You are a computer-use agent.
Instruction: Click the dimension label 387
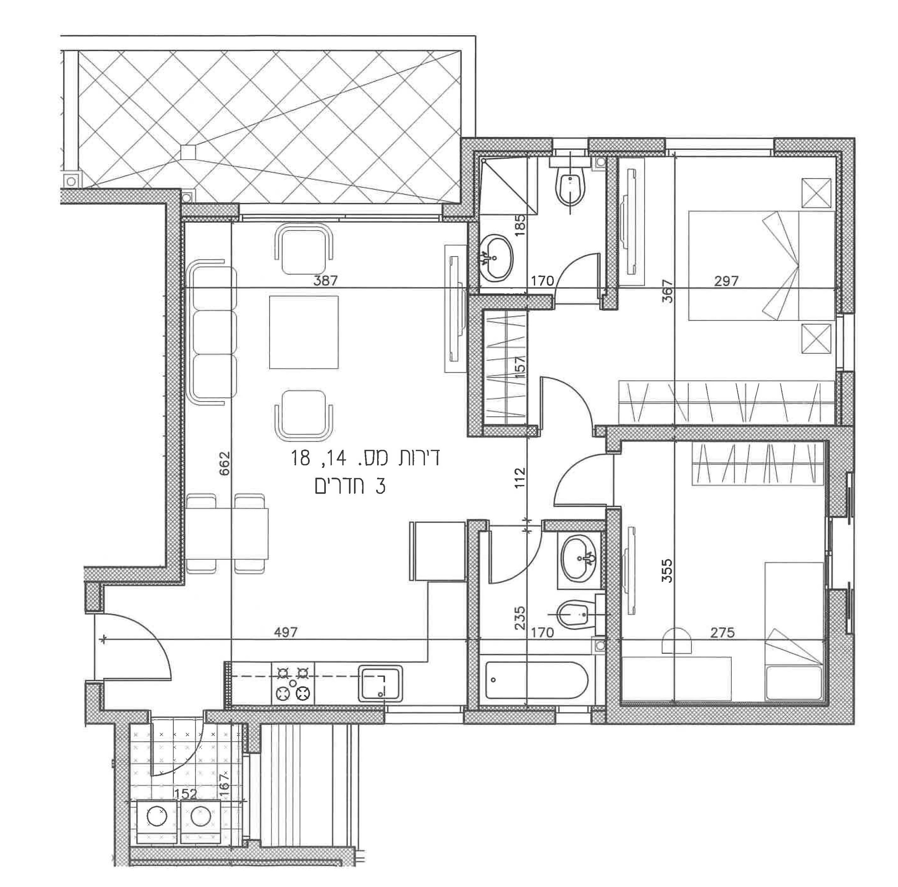[326, 281]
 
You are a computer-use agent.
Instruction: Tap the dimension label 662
[224, 463]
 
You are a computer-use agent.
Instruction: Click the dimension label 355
[667, 570]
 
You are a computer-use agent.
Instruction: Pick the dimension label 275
[723, 632]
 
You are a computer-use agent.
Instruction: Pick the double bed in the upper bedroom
[762, 266]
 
